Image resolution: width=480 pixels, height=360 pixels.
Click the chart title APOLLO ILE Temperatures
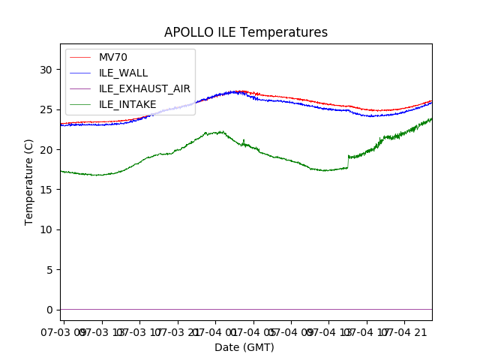coord(246,32)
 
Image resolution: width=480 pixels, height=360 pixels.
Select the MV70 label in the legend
coord(113,58)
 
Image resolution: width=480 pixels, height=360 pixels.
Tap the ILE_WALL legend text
coord(123,73)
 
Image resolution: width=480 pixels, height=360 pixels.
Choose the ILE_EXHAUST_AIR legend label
coord(144,88)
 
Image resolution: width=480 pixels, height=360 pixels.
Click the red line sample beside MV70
coord(79,58)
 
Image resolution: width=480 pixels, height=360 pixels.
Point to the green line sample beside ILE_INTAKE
coord(79,103)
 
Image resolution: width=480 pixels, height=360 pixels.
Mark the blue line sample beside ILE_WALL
coord(79,73)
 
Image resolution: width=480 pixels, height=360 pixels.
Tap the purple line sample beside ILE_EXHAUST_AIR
coord(79,88)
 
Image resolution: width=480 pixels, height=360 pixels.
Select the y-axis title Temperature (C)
coord(29,182)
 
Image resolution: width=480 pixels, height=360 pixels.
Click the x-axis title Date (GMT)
coord(244,347)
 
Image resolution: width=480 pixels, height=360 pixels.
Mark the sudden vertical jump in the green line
coord(348,161)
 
